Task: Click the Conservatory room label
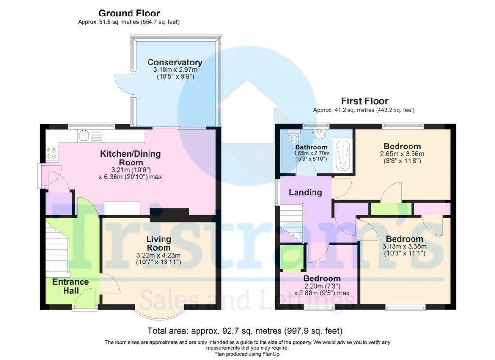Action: coord(175,62)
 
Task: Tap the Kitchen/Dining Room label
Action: coord(130,158)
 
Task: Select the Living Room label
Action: coord(159,243)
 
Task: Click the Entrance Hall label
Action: coord(70,286)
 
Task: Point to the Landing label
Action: coord(305,192)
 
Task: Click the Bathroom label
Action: coord(311,147)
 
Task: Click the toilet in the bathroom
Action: coord(293,137)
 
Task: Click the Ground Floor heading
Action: coord(129,13)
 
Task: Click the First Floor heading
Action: coord(364,101)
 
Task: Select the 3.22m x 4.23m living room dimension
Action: coord(159,256)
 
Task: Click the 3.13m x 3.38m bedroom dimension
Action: coord(404,246)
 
